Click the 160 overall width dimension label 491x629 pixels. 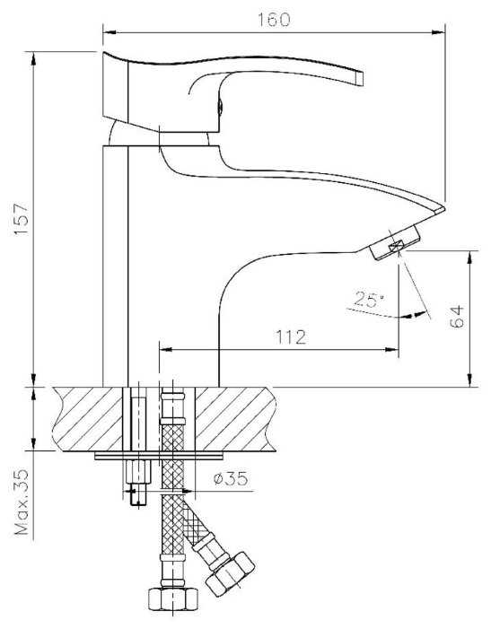[273, 19]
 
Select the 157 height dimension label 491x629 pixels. [21, 220]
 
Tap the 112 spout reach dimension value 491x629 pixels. [291, 337]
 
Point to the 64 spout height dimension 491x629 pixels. [457, 317]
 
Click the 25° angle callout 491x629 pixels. [369, 300]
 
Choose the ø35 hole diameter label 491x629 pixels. [231, 478]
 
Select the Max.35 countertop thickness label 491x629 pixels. [22, 502]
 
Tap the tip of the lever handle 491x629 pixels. [360, 78]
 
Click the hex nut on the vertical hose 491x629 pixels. [173, 599]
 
